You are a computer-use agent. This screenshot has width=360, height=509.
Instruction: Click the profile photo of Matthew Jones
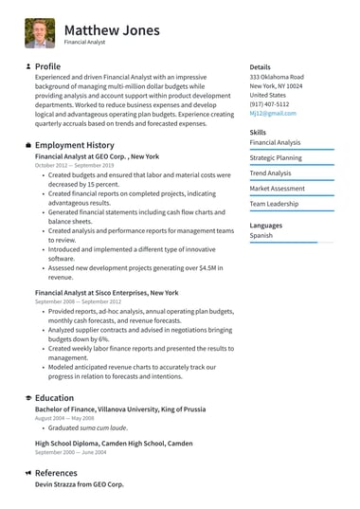click(x=40, y=32)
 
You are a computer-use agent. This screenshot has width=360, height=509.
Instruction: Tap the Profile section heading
click(x=47, y=66)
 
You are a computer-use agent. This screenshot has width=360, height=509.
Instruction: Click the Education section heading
click(x=54, y=398)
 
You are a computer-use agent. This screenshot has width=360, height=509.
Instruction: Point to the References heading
click(x=56, y=472)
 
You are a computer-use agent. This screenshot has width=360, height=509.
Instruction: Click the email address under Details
click(x=273, y=113)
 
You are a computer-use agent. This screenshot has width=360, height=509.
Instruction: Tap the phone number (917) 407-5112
click(x=270, y=104)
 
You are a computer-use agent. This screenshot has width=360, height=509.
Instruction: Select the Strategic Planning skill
click(x=276, y=157)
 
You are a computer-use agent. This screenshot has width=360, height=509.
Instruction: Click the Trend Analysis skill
click(x=270, y=173)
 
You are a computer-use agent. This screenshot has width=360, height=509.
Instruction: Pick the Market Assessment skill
click(x=277, y=189)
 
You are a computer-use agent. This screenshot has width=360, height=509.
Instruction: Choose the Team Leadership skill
click(x=274, y=204)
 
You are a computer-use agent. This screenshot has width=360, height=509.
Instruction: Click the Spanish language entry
click(x=261, y=235)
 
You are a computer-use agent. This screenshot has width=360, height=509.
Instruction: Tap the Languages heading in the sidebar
click(x=266, y=225)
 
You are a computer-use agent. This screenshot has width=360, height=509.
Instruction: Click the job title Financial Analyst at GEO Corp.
click(x=97, y=155)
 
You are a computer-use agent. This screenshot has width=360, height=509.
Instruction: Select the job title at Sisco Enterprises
click(x=106, y=293)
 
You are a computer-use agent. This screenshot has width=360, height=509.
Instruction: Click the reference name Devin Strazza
click(x=79, y=483)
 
